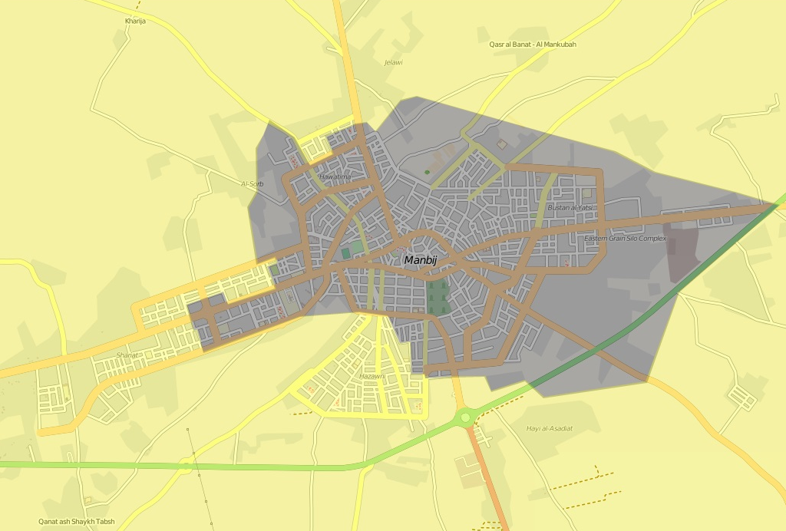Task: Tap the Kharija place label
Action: pos(135,21)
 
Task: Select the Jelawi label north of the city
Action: pos(393,62)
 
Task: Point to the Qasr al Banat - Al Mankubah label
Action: pos(532,45)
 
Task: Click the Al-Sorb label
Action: pos(252,184)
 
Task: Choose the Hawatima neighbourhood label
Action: pos(335,177)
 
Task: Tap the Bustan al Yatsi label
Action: pos(570,208)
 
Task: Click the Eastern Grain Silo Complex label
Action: pos(625,239)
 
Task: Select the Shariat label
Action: pos(127,355)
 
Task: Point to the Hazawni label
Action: pos(372,376)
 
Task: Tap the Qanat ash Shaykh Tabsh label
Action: pos(77,522)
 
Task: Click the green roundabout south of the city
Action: pos(464,417)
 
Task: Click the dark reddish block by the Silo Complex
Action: pos(682,254)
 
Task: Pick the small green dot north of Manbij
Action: pos(427,172)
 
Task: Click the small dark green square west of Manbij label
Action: pos(345,252)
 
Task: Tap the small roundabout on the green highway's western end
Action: pos(185,464)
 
